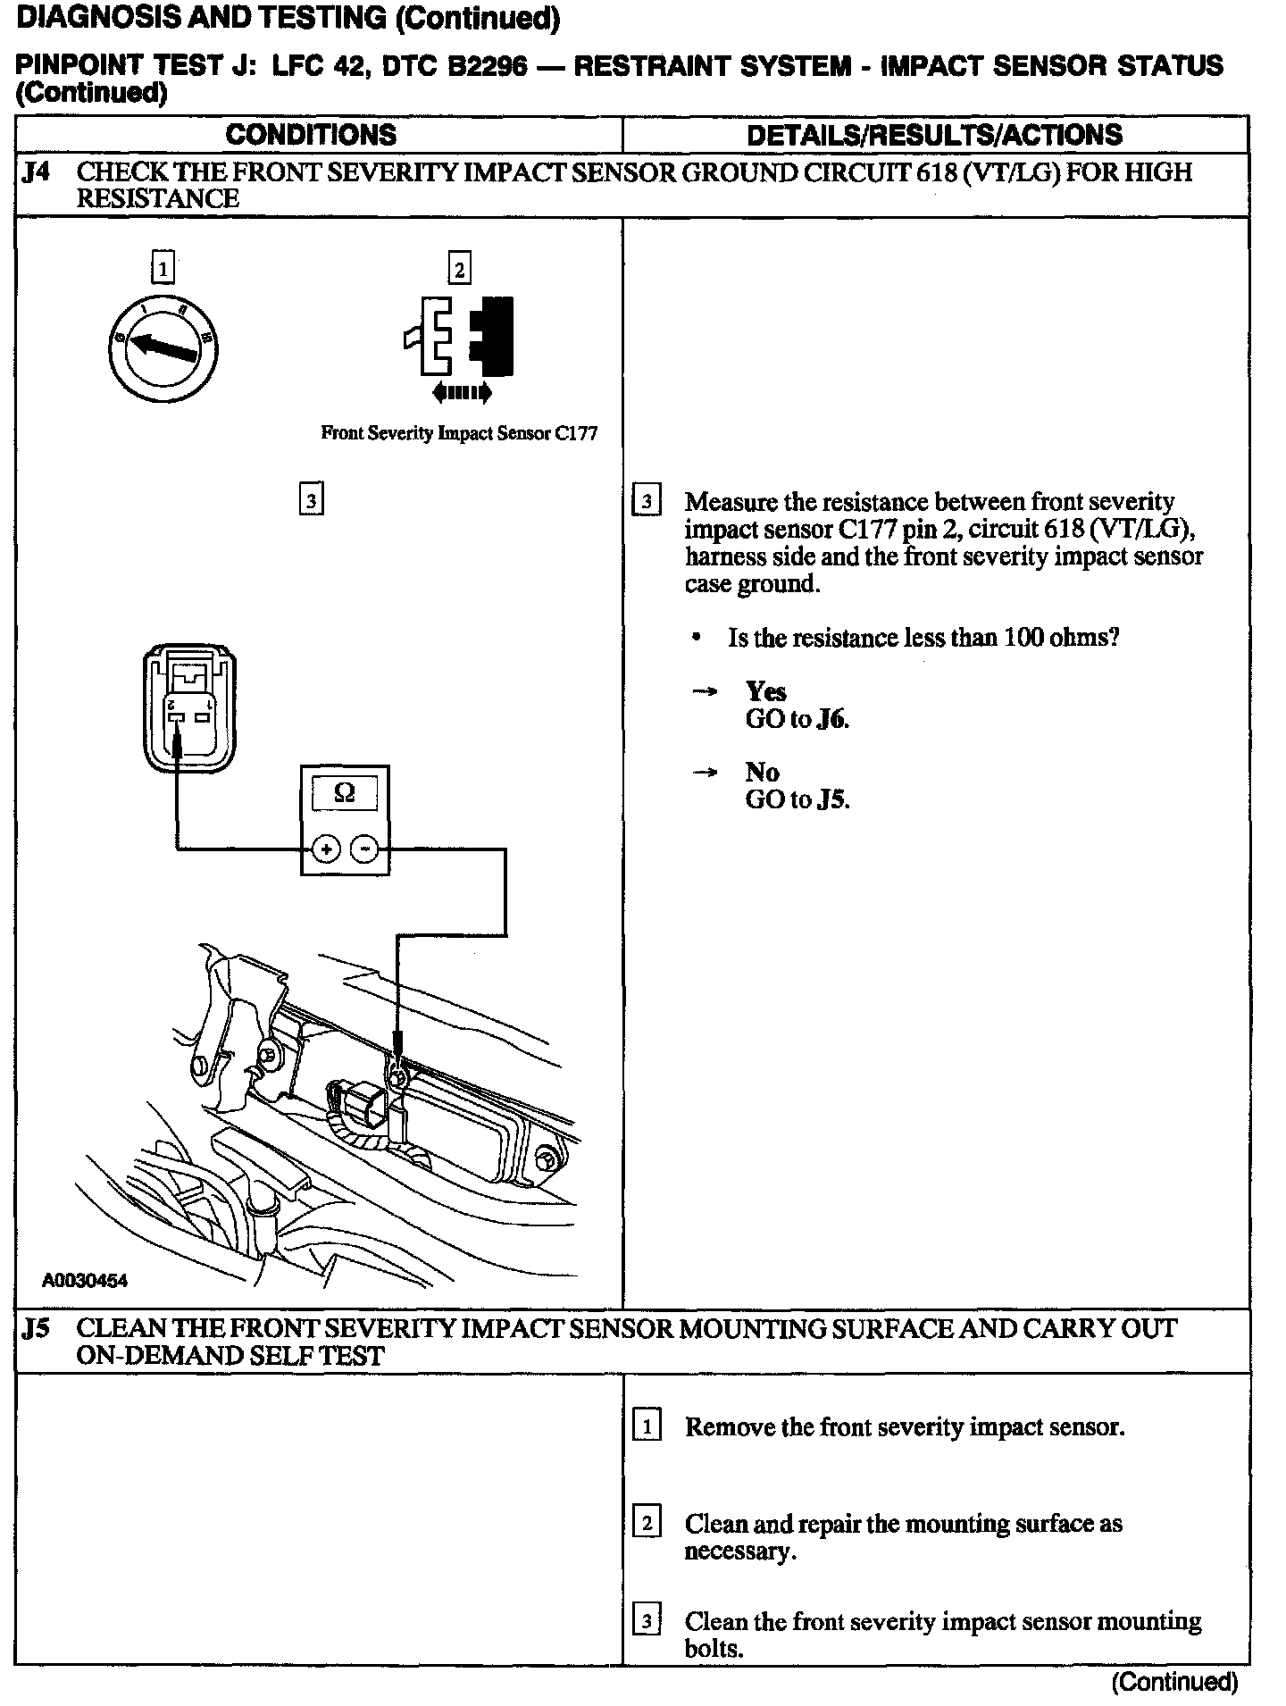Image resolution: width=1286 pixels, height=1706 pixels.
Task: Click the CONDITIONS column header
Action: [x=311, y=135]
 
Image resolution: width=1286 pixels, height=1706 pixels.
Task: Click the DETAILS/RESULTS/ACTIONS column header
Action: [x=934, y=135]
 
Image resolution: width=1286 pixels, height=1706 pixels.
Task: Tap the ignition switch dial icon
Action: [x=163, y=347]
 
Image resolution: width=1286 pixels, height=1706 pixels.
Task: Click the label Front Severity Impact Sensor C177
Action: [x=459, y=434]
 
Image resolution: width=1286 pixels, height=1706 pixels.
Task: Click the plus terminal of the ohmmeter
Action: [x=326, y=849]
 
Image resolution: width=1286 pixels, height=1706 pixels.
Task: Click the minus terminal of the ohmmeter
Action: [x=363, y=849]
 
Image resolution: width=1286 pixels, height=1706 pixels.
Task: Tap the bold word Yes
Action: [x=765, y=692]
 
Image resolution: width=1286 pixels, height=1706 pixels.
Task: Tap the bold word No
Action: [x=762, y=773]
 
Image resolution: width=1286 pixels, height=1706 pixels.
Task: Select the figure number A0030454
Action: [x=85, y=1282]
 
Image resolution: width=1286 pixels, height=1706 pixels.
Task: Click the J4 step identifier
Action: [x=37, y=172]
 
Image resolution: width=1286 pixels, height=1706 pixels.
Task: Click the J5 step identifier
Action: [x=37, y=1329]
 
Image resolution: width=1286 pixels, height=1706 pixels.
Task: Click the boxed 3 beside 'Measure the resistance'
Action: [x=646, y=502]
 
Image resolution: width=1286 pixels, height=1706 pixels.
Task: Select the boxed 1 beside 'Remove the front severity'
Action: [x=646, y=1426]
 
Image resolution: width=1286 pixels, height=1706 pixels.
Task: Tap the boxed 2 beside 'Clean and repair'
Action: [x=646, y=1523]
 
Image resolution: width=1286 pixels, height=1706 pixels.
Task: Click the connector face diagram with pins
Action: [x=189, y=708]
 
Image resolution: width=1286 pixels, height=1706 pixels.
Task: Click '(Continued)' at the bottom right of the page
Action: [x=1174, y=1683]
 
